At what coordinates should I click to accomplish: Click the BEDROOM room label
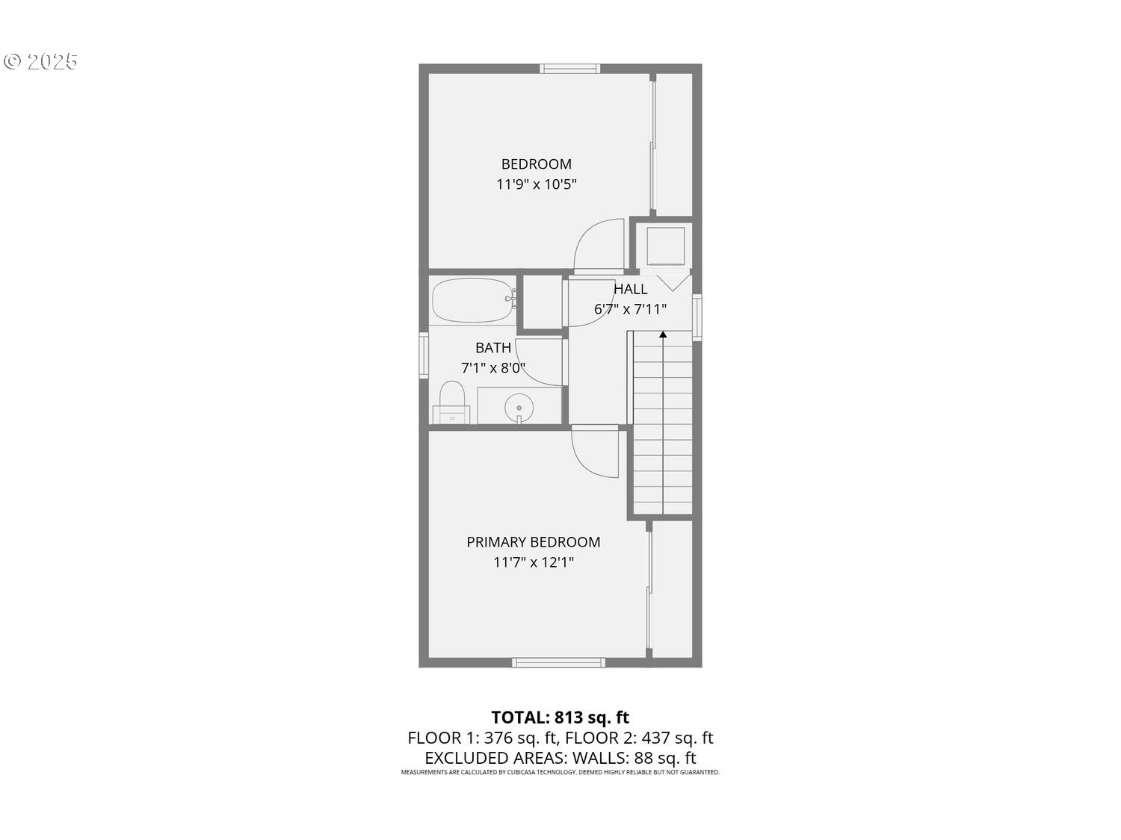[x=537, y=164]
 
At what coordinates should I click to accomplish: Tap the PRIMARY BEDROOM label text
[x=533, y=542]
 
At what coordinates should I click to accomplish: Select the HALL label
[x=630, y=289]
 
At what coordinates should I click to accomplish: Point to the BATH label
[x=492, y=348]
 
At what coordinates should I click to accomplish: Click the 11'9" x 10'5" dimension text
[x=537, y=184]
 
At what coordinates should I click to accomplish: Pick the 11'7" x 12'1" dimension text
[x=533, y=562]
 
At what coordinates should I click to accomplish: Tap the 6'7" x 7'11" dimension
[x=630, y=309]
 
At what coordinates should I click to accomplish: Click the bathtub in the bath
[x=474, y=300]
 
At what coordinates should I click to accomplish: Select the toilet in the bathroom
[x=451, y=402]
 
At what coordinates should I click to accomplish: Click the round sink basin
[x=519, y=408]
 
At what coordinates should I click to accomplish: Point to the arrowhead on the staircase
[x=663, y=335]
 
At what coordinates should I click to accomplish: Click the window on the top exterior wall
[x=570, y=69]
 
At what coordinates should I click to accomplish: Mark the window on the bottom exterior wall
[x=559, y=662]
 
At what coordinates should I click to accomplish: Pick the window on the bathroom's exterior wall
[x=424, y=355]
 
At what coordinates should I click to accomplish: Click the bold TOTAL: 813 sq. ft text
[x=560, y=717]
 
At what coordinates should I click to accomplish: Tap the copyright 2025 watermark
[x=40, y=61]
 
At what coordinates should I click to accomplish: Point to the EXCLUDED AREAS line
[x=560, y=758]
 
